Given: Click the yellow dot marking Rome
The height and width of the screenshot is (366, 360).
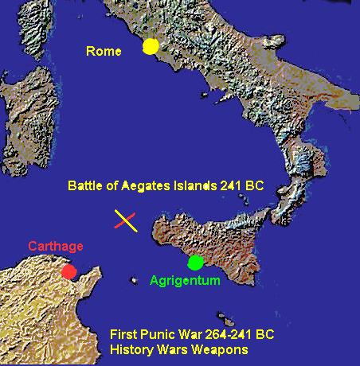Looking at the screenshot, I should click(x=150, y=47).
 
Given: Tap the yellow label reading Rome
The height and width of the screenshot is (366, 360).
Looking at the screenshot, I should click(x=104, y=53).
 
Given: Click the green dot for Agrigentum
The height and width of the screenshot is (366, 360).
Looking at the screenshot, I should click(x=195, y=261).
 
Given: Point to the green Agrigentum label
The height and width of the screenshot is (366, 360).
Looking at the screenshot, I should click(x=185, y=280).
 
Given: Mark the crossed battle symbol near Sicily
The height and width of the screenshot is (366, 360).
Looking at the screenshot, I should click(x=126, y=220).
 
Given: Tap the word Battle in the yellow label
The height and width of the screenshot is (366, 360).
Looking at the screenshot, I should click(x=86, y=188).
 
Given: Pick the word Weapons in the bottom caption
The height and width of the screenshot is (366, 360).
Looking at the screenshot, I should click(x=224, y=350).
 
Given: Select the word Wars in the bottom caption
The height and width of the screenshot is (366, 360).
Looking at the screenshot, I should click(x=177, y=350).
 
